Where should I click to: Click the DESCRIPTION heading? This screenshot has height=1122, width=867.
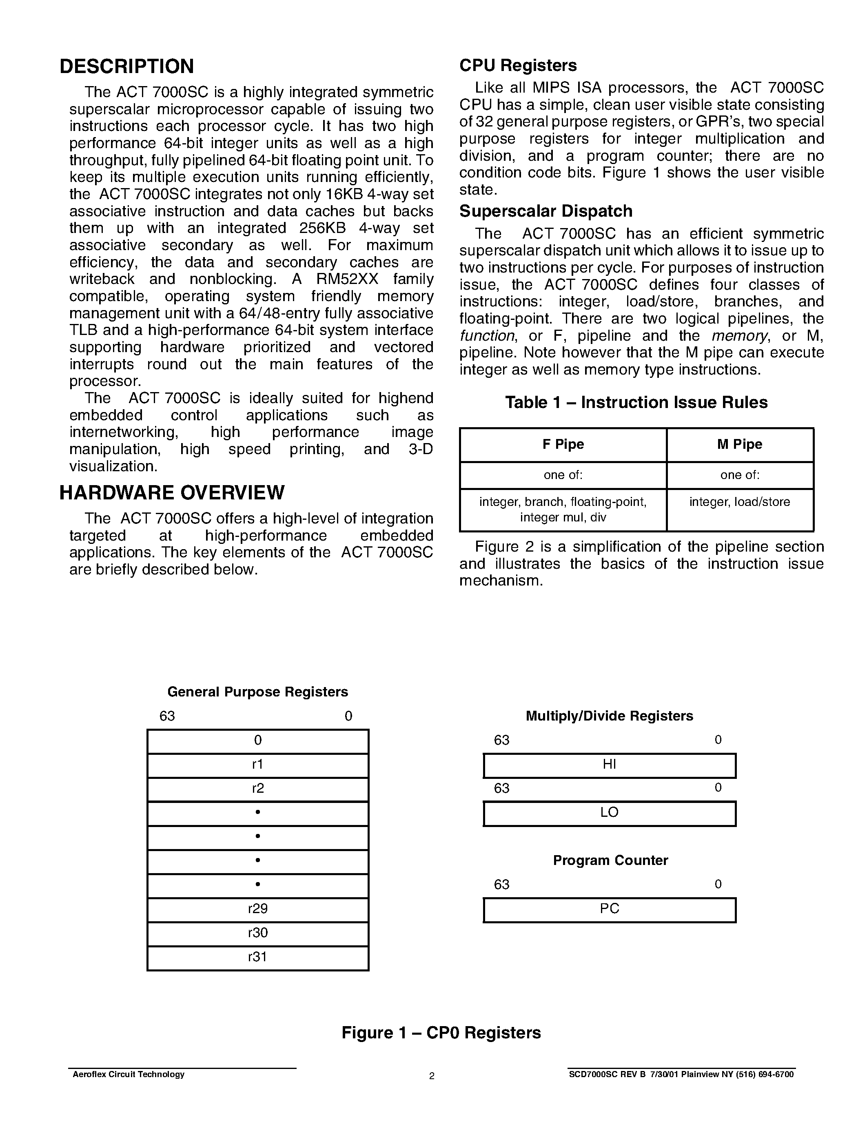[127, 67]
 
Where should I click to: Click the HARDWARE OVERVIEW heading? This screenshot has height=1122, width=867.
[171, 493]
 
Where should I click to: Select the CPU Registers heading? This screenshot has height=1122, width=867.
[518, 65]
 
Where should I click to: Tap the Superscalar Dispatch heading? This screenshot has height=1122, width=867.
[545, 211]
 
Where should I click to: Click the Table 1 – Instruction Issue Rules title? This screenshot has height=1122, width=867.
[636, 402]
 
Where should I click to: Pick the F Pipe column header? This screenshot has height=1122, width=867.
[563, 444]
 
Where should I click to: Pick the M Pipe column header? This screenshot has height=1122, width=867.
[740, 444]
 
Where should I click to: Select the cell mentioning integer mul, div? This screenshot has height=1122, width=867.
[563, 510]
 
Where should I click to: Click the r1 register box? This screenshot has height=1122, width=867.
[258, 765]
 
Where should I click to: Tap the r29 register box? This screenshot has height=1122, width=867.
[258, 909]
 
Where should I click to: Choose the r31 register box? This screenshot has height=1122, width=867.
[258, 957]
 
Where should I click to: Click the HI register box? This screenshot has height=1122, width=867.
[609, 765]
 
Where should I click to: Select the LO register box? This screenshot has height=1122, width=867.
[609, 813]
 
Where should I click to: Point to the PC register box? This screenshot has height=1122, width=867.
[609, 909]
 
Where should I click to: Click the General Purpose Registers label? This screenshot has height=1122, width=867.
[258, 692]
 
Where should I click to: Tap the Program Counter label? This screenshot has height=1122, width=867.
[610, 860]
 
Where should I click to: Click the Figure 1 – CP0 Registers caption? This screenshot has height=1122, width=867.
[441, 1033]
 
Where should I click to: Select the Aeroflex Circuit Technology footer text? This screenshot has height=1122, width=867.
[129, 1074]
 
